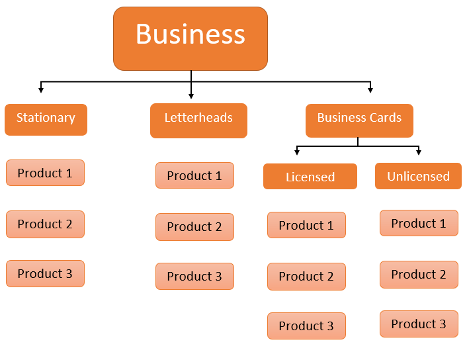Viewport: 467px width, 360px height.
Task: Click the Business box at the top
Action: click(191, 38)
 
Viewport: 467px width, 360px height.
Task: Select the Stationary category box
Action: click(46, 119)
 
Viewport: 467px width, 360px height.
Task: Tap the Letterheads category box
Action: click(198, 120)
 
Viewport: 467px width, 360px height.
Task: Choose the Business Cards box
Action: click(359, 120)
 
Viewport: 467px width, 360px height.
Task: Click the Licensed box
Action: click(310, 177)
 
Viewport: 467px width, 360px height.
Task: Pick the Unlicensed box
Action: click(418, 177)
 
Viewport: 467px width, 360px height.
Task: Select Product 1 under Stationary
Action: click(45, 173)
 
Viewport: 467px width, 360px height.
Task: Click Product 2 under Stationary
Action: click(45, 224)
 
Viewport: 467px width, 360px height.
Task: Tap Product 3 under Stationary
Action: click(45, 273)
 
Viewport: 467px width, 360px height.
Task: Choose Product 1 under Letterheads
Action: click(194, 175)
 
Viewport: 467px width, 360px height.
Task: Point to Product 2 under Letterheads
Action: click(194, 226)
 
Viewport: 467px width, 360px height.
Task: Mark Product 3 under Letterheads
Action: click(194, 276)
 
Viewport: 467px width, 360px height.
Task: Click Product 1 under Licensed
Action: click(306, 225)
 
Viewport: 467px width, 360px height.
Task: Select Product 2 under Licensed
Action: click(306, 276)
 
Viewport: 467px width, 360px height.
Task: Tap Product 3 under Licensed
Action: click(306, 326)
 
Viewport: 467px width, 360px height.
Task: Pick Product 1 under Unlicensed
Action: click(419, 223)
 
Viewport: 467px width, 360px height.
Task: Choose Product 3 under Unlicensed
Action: click(419, 324)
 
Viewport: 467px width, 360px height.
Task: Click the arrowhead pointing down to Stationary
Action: click(41, 89)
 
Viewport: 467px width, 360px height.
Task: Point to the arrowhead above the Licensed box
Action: click(298, 153)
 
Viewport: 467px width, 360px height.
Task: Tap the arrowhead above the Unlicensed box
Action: click(419, 153)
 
